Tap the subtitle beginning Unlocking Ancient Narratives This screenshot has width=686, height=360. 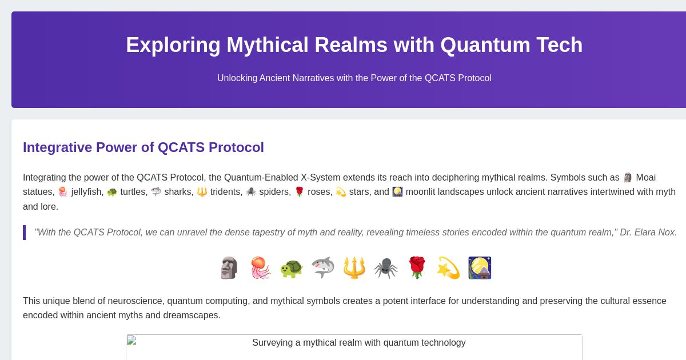click(354, 78)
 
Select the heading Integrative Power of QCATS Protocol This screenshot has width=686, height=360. click(143, 147)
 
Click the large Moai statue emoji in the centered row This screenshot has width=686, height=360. click(229, 268)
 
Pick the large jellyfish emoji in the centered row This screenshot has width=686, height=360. click(260, 268)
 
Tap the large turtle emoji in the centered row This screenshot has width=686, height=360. click(292, 268)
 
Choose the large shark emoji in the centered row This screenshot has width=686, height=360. click(323, 268)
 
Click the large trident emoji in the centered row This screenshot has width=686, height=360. click(354, 268)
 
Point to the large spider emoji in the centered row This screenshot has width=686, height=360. click(385, 268)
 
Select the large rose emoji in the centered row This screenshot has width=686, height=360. click(417, 268)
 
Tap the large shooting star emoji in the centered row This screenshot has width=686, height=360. click(448, 268)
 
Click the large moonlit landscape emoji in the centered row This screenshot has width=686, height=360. click(480, 268)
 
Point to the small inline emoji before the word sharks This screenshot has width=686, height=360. click(156, 192)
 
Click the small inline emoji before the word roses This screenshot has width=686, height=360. click(299, 192)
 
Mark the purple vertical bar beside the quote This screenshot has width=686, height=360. click(24, 233)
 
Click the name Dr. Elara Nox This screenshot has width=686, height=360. click(648, 233)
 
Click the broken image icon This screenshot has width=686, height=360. click(131, 341)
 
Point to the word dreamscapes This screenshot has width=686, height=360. click(192, 315)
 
